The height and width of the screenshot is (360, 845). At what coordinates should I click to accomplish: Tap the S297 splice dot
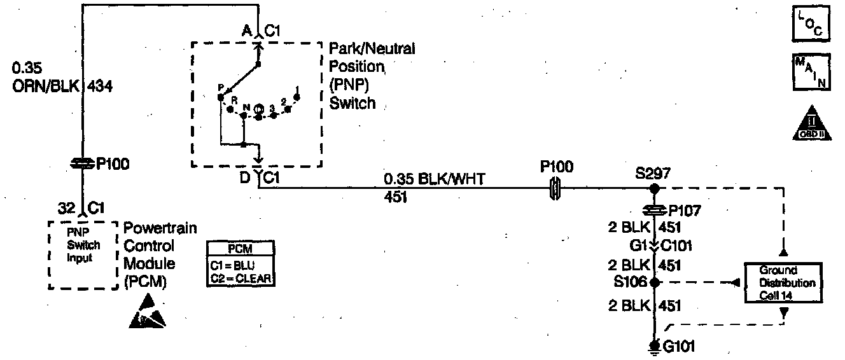point(653,190)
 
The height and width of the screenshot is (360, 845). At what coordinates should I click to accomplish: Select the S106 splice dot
point(653,281)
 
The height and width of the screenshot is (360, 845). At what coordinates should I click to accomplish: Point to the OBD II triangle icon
point(811,123)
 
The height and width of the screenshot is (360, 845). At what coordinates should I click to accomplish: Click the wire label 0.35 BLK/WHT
point(434,180)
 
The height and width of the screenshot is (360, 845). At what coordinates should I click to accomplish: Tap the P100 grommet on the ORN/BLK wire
point(82,165)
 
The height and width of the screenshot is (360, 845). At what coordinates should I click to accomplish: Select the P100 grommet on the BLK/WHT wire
point(554,189)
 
